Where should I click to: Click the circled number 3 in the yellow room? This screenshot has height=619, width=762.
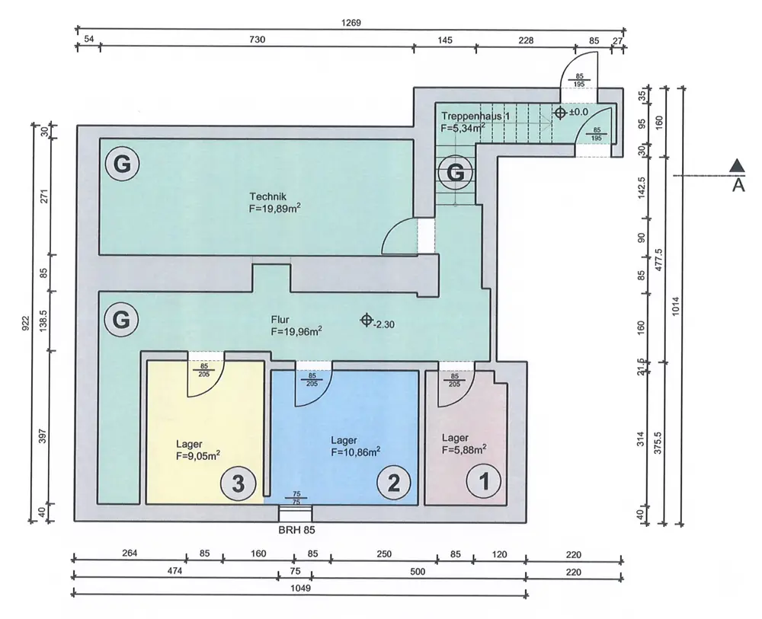tap(238, 483)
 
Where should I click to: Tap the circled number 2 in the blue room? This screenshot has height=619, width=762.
tap(394, 483)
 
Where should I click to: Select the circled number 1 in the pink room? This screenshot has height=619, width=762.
tap(484, 481)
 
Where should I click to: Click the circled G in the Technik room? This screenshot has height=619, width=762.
tap(122, 164)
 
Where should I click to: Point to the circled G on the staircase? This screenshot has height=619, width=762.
tap(456, 172)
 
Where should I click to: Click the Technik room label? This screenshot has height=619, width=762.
tap(267, 196)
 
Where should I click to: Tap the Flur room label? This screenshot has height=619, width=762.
tap(280, 320)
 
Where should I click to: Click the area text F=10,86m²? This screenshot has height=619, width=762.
tap(356, 452)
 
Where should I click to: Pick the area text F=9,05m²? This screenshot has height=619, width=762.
tap(198, 455)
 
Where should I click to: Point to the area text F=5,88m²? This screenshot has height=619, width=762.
tap(465, 449)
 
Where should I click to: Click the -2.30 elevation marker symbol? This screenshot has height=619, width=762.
tap(367, 321)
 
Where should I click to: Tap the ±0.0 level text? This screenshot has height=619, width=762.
tap(578, 112)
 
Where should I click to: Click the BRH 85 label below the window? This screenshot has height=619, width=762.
tap(296, 530)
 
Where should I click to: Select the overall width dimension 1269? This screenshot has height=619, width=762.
tap(351, 23)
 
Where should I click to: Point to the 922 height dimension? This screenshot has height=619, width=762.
tap(26, 323)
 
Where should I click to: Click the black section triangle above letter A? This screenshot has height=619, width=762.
tap(737, 165)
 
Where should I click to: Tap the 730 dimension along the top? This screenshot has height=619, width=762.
tap(257, 40)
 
